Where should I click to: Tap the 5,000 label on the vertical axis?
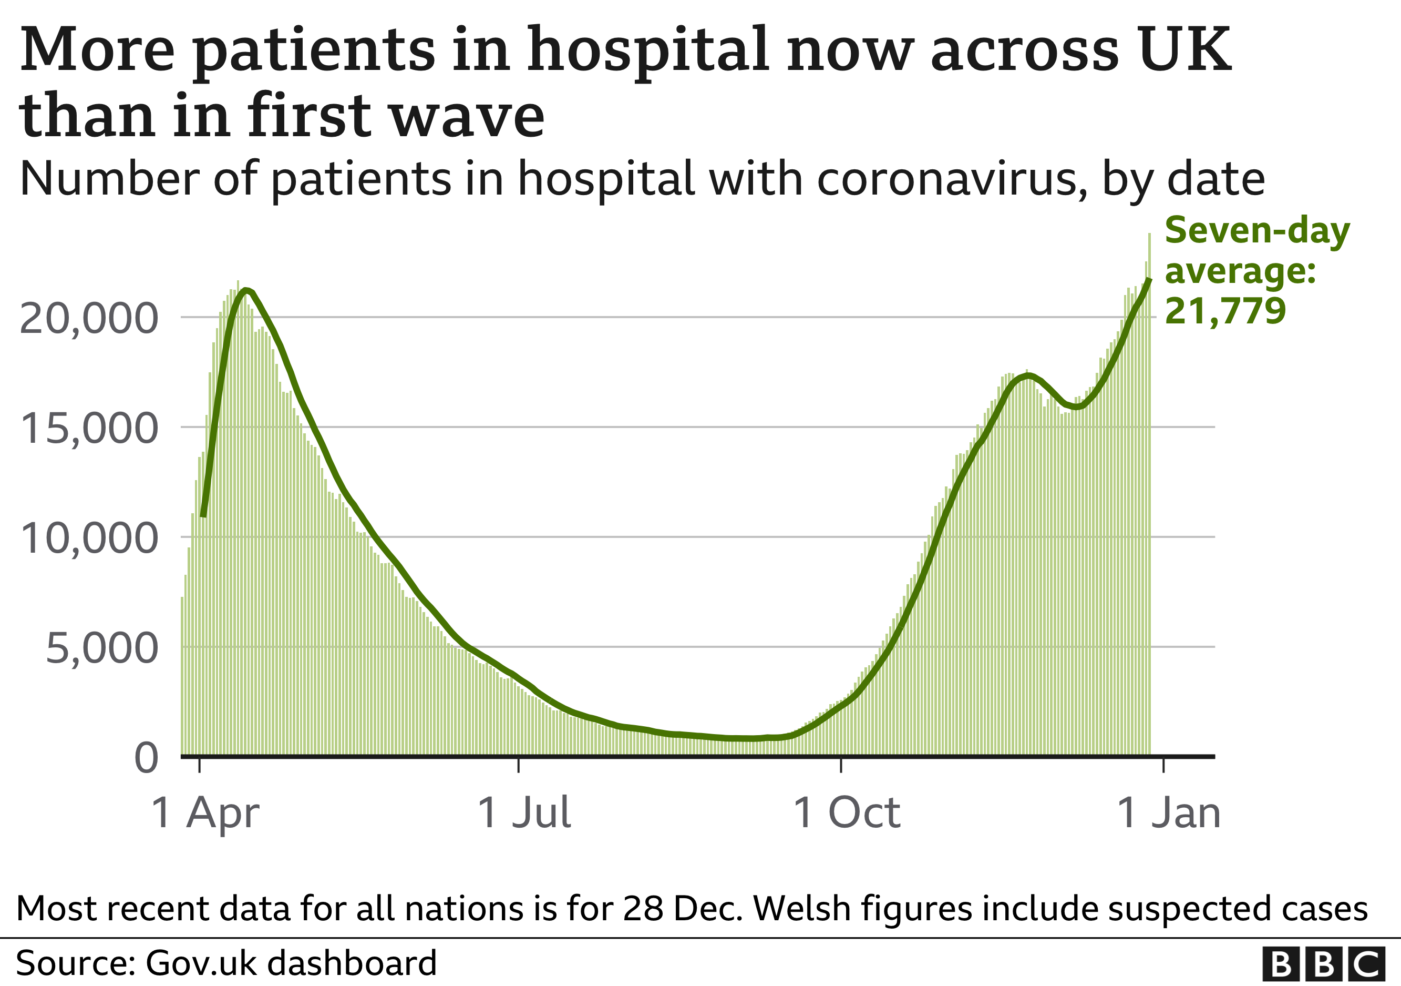pos(102,648)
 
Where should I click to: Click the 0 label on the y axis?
pos(147,759)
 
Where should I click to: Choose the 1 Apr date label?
pos(205,812)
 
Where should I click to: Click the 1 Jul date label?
pos(524,812)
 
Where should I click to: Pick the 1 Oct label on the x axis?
pos(847,812)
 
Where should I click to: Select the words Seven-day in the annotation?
pos(1257,231)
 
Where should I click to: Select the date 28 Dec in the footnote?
pos(682,909)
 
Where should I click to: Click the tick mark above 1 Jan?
pos(1163,765)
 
